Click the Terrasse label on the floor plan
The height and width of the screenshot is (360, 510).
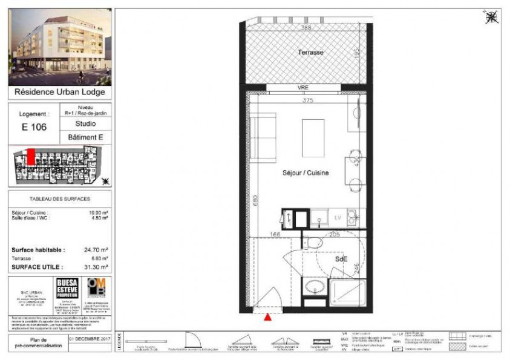pyautogui.click(x=310, y=53)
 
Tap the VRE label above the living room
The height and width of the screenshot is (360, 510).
pyautogui.click(x=303, y=88)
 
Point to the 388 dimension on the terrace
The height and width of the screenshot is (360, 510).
pyautogui.click(x=306, y=28)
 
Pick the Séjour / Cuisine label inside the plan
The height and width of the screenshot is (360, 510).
pyautogui.click(x=306, y=173)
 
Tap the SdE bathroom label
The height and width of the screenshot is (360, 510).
pyautogui.click(x=342, y=258)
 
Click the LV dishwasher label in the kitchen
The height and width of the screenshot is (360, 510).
pyautogui.click(x=338, y=217)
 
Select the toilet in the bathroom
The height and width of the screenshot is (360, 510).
pyautogui.click(x=313, y=243)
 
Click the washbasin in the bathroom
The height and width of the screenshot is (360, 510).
pyautogui.click(x=313, y=287)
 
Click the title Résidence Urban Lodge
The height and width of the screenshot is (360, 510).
pyautogui.click(x=60, y=93)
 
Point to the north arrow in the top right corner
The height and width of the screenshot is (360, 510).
pyautogui.click(x=492, y=18)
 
